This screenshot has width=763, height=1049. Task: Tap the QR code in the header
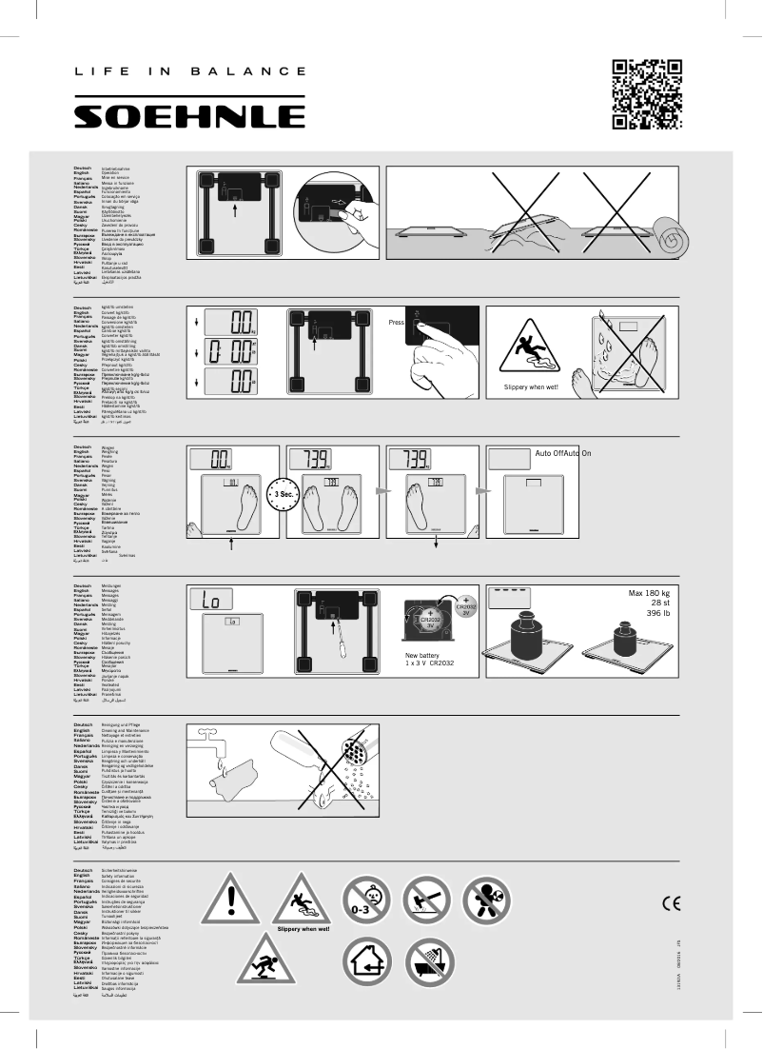point(647,93)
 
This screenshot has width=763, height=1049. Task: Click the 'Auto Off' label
point(550,454)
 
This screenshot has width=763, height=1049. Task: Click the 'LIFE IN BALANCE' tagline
point(190,71)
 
